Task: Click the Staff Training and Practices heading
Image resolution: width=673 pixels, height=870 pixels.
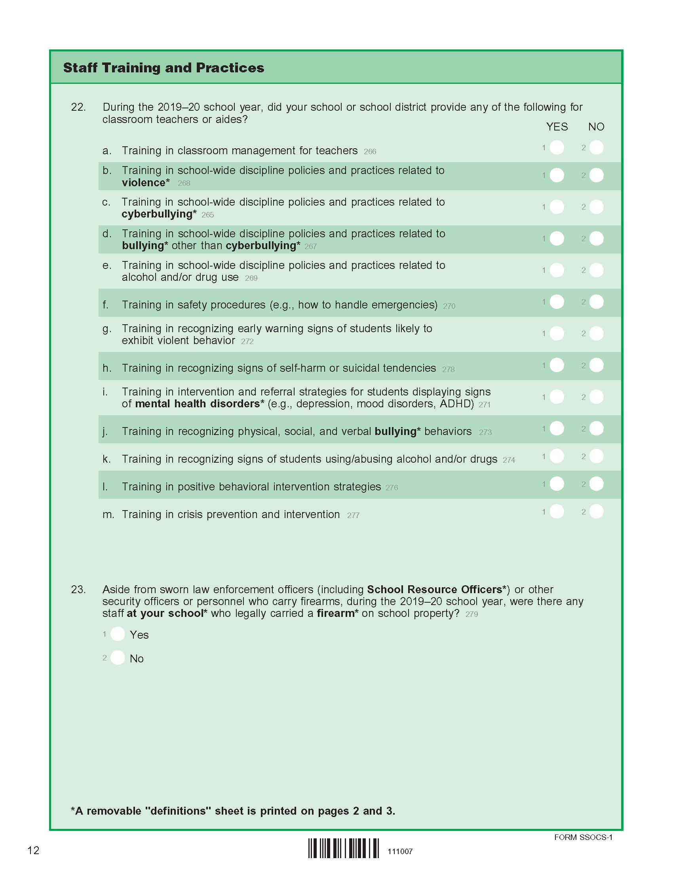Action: pos(163,68)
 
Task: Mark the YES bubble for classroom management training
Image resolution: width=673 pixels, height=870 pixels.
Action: pos(557,148)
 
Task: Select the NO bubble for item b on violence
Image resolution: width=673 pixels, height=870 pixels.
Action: pos(596,175)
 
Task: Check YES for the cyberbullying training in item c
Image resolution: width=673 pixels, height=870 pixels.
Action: pos(557,207)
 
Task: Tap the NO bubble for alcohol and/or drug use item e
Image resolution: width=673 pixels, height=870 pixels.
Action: pos(596,270)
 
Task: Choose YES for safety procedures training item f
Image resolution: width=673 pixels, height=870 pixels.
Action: pos(557,302)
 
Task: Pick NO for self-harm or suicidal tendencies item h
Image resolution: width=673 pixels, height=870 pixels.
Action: pos(596,365)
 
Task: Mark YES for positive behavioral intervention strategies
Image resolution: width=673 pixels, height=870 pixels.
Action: pos(557,484)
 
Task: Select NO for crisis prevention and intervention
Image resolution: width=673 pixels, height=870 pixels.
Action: pos(596,511)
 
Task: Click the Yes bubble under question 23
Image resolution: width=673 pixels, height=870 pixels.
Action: pos(118,634)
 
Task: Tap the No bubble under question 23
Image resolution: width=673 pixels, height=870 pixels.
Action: pos(118,658)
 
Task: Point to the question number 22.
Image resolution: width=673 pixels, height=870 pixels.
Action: pos(78,107)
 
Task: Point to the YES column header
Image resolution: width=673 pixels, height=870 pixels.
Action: pos(557,127)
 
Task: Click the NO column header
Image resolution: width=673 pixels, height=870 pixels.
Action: pos(596,127)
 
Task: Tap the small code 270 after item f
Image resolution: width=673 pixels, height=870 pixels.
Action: pos(449,306)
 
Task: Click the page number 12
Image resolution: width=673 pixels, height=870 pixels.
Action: pos(33,851)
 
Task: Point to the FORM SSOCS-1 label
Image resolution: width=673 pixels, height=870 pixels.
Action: pos(583,837)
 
